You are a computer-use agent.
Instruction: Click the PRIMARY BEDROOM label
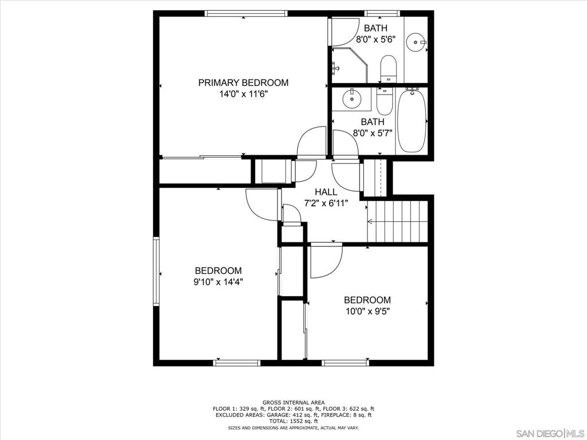pyautogui.click(x=243, y=82)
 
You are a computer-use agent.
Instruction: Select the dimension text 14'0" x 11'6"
pyautogui.click(x=243, y=94)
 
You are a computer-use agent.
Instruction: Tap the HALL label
pyautogui.click(x=326, y=192)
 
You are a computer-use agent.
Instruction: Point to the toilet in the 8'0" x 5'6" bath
pyautogui.click(x=388, y=68)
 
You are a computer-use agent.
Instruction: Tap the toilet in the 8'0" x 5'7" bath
pyautogui.click(x=384, y=101)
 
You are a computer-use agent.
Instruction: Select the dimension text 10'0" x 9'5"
pyautogui.click(x=367, y=311)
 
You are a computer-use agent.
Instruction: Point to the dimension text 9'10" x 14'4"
pyautogui.click(x=218, y=281)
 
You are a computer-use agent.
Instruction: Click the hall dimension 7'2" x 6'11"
pyautogui.click(x=326, y=203)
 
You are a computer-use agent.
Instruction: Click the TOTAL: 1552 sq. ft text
pyautogui.click(x=293, y=421)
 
